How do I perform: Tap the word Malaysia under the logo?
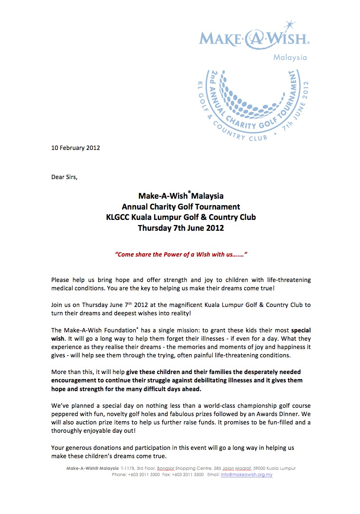(290, 57)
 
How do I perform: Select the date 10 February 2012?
(75, 148)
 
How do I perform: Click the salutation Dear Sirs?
(64, 177)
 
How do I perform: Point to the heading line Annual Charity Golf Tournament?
(181, 207)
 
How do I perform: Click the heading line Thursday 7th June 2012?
(181, 228)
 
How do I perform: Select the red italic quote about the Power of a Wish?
(181, 254)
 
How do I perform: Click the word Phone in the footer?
(120, 474)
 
